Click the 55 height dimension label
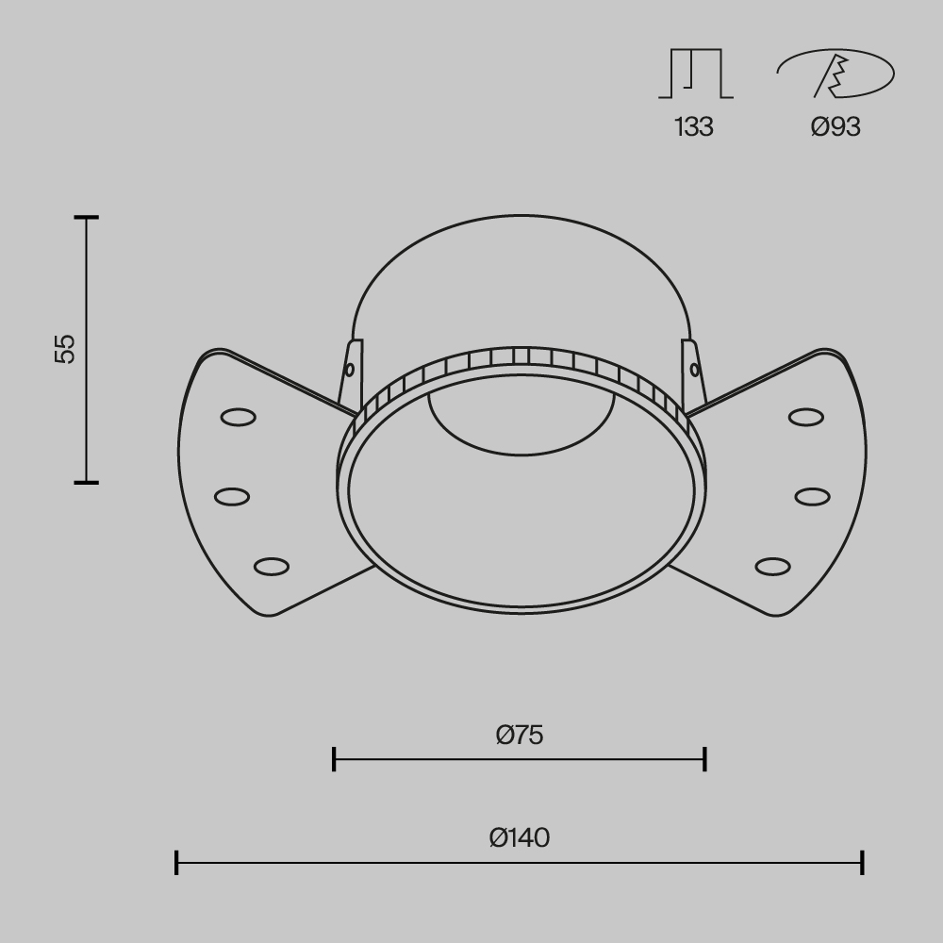click(x=64, y=348)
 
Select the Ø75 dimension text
click(x=520, y=735)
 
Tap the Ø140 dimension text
click(x=520, y=836)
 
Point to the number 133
click(x=694, y=127)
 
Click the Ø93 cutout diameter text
click(x=835, y=127)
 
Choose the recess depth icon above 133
click(x=695, y=74)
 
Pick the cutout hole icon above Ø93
click(x=835, y=74)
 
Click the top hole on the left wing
click(x=237, y=416)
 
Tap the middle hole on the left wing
click(x=231, y=495)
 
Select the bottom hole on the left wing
click(x=271, y=566)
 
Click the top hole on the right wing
click(x=806, y=416)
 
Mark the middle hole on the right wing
click(x=812, y=495)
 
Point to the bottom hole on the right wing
click(x=772, y=566)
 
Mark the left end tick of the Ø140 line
click(x=176, y=862)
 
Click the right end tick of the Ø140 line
click(x=862, y=862)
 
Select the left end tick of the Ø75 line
click(x=334, y=758)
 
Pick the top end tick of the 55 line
click(x=87, y=218)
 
